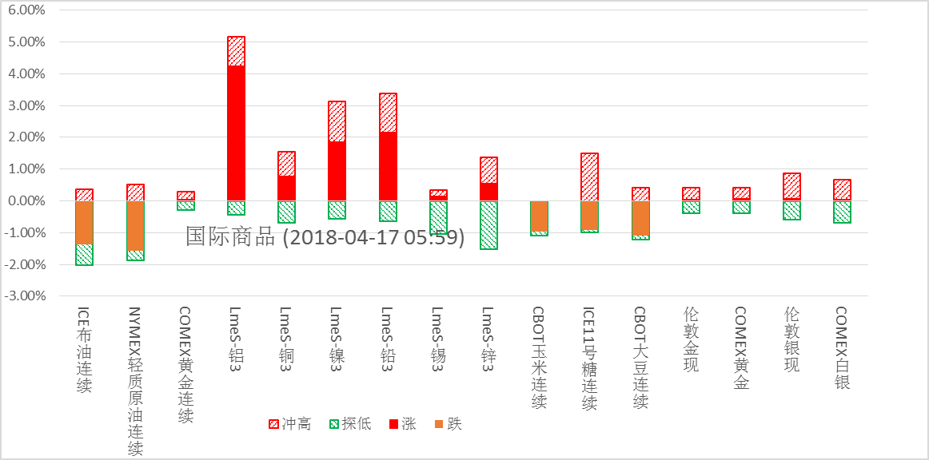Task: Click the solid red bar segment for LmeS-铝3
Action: (x=236, y=133)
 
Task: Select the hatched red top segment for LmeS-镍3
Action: (x=337, y=121)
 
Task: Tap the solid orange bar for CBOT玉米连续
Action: (x=539, y=216)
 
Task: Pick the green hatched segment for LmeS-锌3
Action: (x=488, y=225)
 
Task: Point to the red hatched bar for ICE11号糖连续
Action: (x=589, y=176)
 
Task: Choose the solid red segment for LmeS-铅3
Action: (x=388, y=166)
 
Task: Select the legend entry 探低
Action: (x=349, y=424)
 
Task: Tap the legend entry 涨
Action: (x=402, y=424)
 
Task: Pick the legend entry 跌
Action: (x=448, y=424)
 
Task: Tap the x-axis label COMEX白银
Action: (x=841, y=348)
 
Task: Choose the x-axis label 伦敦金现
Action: (x=691, y=339)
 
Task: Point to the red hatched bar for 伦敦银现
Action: (x=791, y=186)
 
